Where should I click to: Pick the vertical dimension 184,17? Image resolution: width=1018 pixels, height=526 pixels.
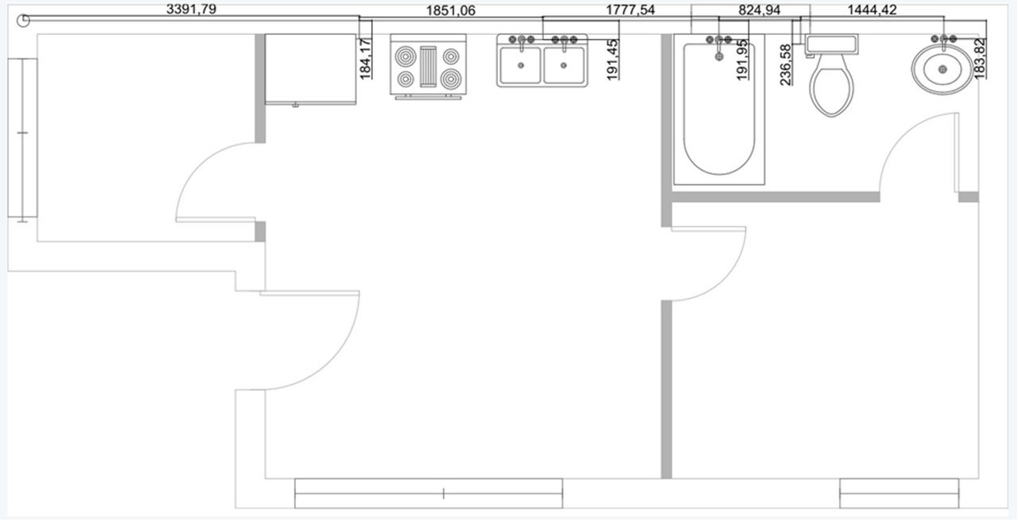pyautogui.click(x=366, y=58)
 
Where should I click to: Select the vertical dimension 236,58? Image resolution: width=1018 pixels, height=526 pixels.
pyautogui.click(x=787, y=65)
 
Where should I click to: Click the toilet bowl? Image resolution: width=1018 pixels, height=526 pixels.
pyautogui.click(x=831, y=89)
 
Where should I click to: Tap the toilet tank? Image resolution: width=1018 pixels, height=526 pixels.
pyautogui.click(x=833, y=44)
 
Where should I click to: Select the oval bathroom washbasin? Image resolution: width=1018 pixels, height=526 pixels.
pyautogui.click(x=943, y=70)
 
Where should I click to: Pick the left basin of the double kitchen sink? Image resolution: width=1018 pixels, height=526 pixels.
pyautogui.click(x=520, y=65)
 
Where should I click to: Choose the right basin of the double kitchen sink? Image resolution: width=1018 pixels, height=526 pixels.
pyautogui.click(x=564, y=65)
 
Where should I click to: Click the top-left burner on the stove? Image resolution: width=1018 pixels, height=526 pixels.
pyautogui.click(x=406, y=56)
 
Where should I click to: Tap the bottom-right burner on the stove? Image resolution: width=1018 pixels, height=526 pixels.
pyautogui.click(x=451, y=79)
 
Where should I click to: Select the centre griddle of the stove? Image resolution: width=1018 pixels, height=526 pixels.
pyautogui.click(x=428, y=68)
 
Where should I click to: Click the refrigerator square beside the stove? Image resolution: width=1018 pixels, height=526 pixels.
pyautogui.click(x=310, y=68)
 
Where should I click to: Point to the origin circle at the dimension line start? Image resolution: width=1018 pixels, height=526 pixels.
pyautogui.click(x=25, y=21)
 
